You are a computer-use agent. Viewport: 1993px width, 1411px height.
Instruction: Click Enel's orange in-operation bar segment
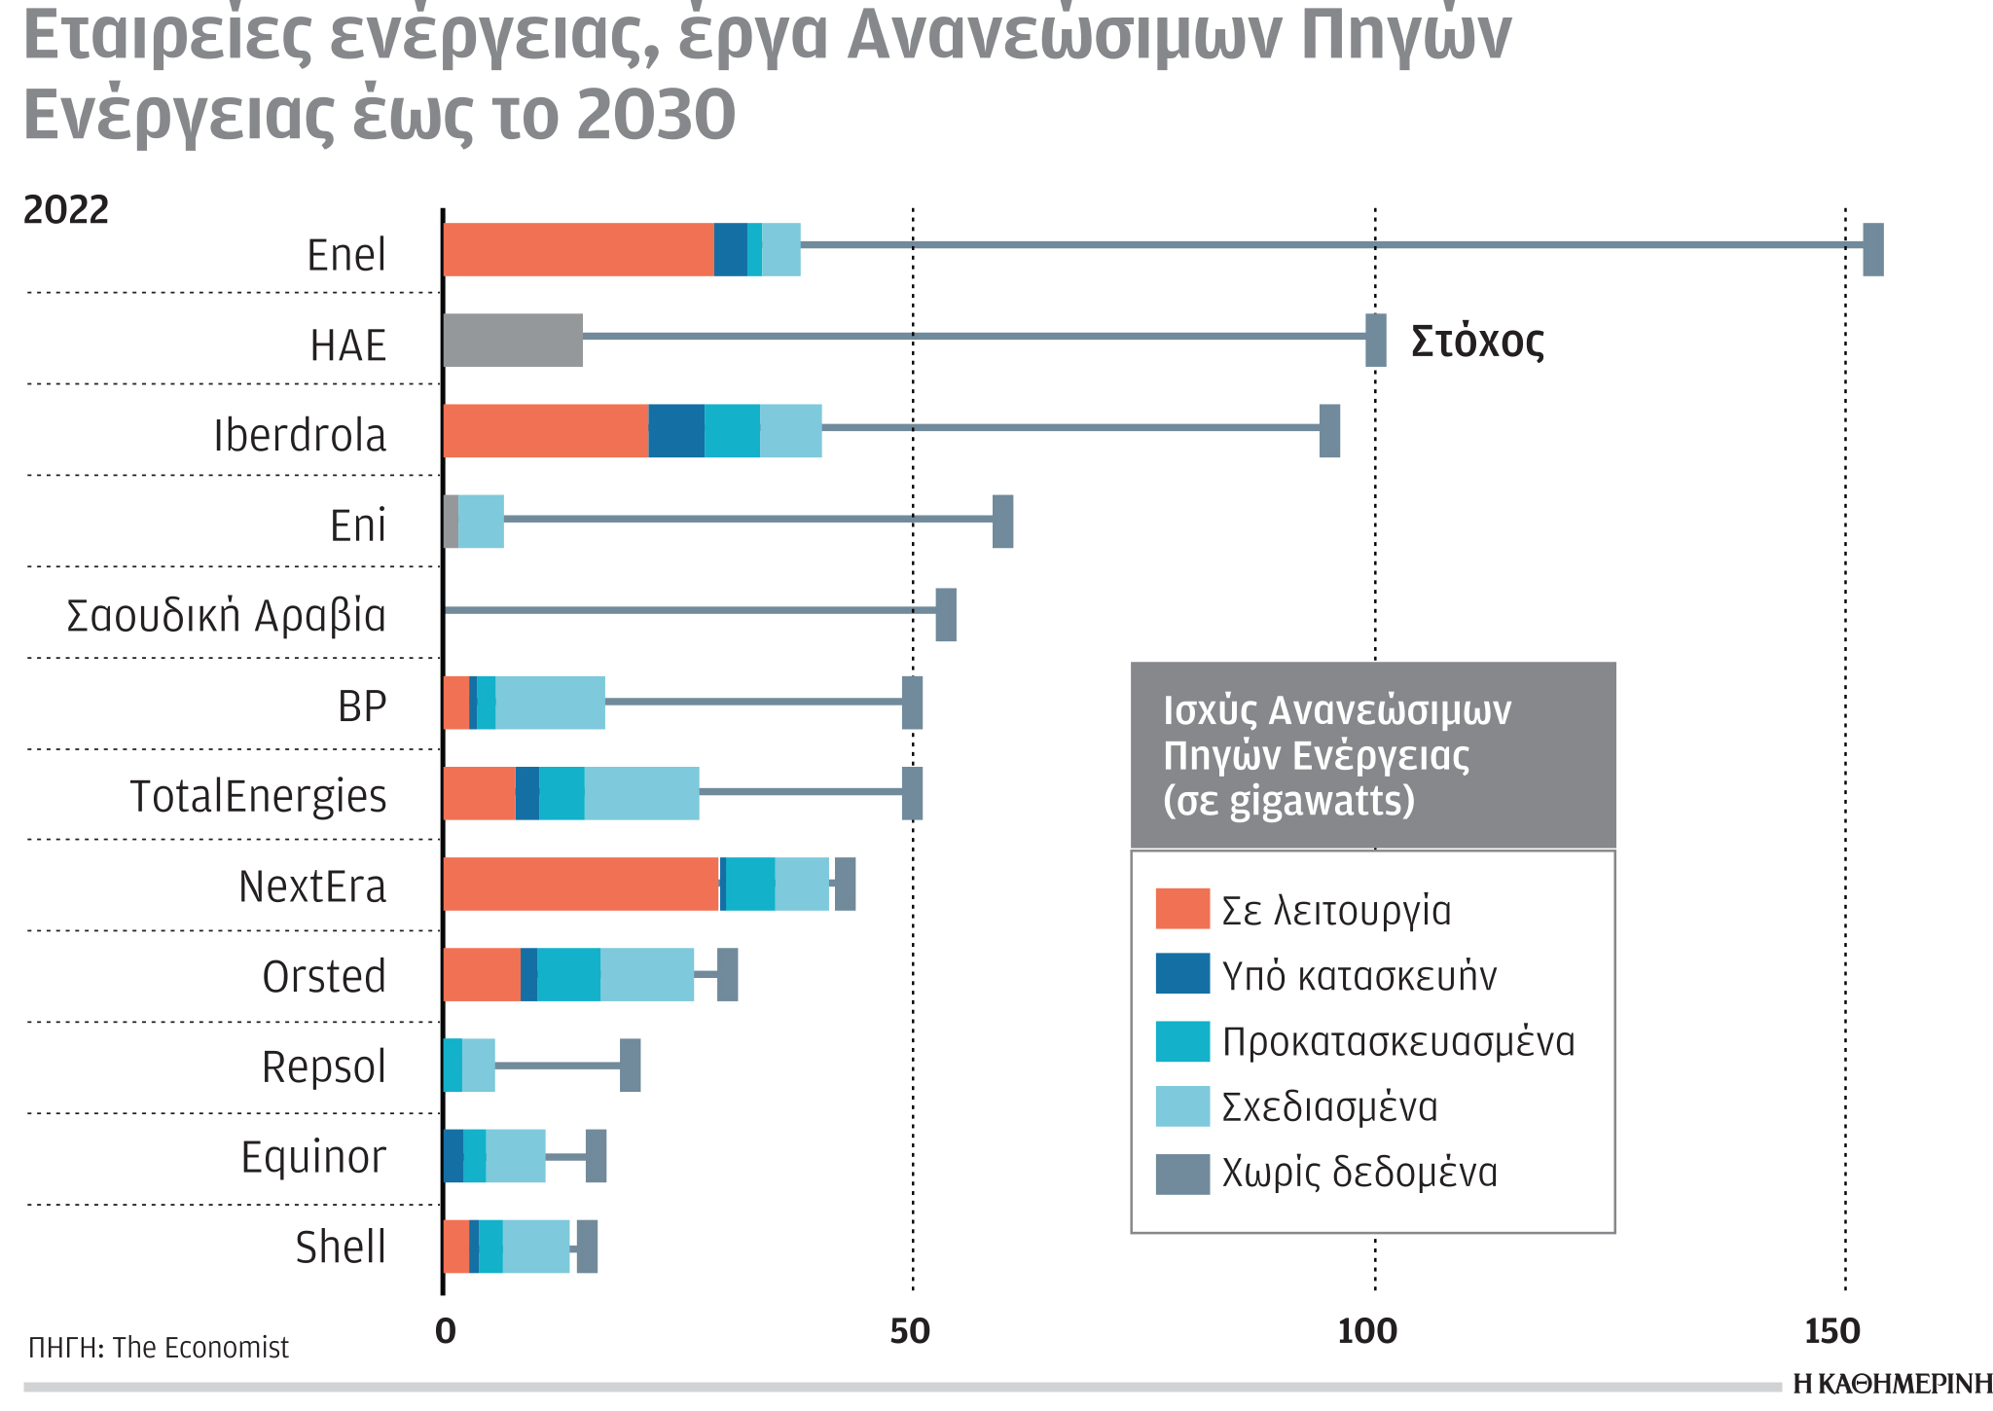578,250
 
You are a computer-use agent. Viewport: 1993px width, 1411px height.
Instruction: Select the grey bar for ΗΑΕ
513,341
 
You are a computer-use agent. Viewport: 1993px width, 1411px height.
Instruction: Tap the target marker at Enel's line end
1872,250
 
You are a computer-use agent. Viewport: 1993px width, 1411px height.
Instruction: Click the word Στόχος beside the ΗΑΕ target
1476,342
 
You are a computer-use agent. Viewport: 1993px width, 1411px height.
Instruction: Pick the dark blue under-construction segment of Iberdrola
676,431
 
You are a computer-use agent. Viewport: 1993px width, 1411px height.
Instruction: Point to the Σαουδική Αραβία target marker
945,615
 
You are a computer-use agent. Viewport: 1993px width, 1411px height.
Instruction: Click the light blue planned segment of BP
550,703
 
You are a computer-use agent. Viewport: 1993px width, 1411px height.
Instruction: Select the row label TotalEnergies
258,796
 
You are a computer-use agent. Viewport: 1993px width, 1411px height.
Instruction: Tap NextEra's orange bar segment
580,884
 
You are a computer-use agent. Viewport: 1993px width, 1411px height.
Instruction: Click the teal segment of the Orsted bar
568,974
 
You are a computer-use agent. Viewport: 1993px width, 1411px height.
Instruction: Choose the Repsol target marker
630,1065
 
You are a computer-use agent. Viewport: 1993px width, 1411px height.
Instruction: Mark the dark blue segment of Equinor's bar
453,1156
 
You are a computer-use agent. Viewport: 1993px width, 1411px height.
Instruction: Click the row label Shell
341,1248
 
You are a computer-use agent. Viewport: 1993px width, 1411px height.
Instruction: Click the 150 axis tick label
1831,1331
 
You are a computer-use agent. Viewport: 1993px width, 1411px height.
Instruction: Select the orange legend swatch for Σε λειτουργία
1181,909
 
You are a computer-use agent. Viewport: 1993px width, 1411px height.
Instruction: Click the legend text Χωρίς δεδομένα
1359,1174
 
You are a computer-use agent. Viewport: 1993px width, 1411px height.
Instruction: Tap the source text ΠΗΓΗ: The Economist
159,1348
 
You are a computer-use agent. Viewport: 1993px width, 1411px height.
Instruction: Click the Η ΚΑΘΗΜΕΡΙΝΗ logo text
1892,1385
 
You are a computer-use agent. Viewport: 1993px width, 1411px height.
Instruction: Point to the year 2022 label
66,211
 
